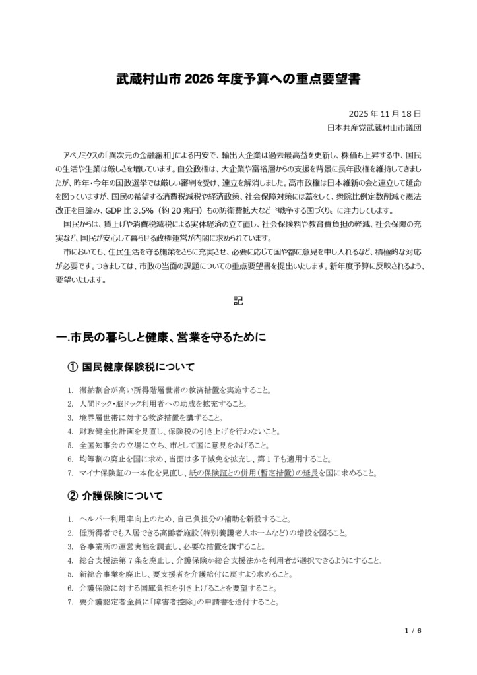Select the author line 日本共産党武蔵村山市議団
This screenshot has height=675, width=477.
[x=373, y=127]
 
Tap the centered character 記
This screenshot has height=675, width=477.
[x=238, y=301]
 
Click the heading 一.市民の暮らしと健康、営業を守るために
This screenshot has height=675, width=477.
[x=162, y=337]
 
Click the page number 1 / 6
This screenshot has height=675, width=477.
[x=412, y=630]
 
